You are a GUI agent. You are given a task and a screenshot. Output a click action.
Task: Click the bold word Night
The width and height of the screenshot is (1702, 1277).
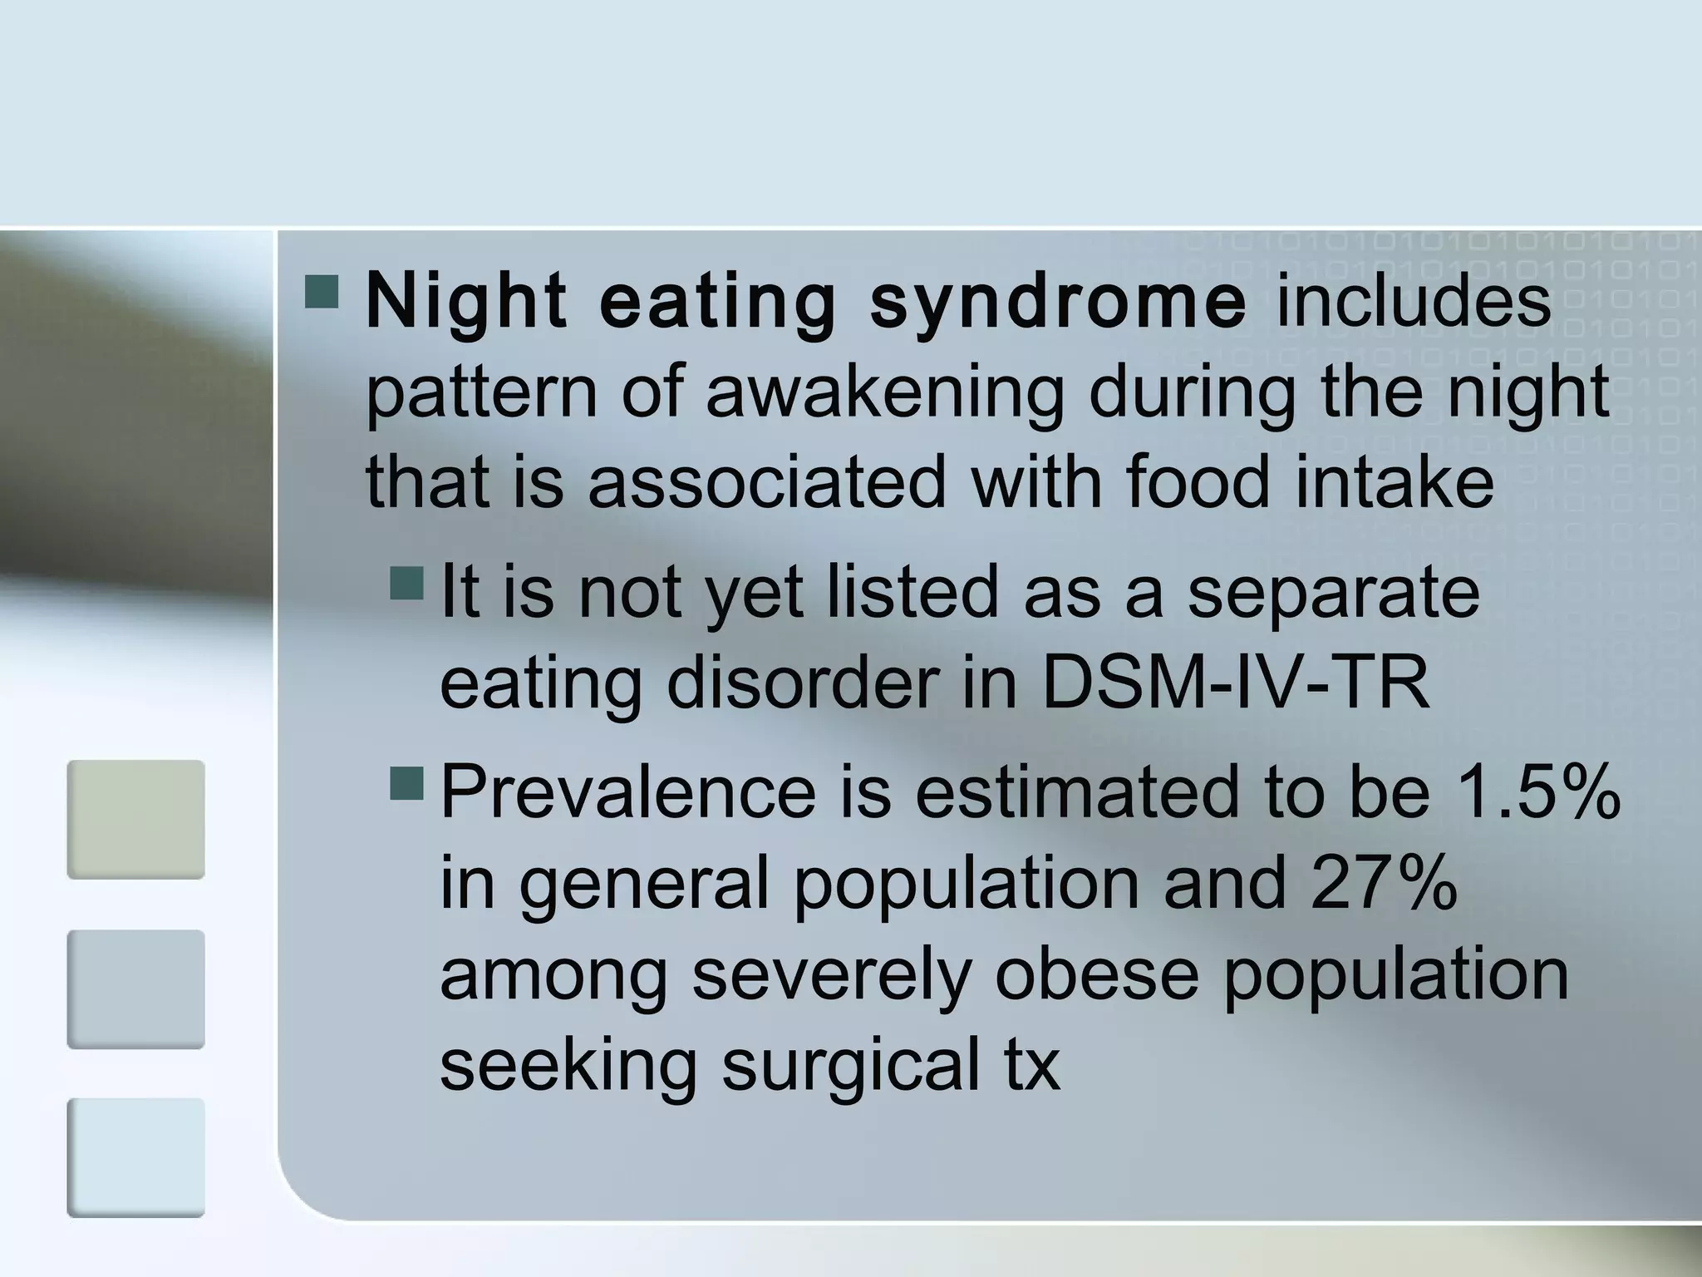coord(465,301)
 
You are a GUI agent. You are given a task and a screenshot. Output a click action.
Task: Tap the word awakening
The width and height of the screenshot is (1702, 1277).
coord(884,392)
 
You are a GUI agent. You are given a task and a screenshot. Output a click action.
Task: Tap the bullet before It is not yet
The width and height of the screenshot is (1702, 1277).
coord(406,584)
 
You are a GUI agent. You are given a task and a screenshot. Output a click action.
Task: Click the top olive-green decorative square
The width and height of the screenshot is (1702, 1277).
coord(135,819)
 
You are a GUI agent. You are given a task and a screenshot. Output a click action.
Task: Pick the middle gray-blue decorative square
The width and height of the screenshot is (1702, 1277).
coord(135,989)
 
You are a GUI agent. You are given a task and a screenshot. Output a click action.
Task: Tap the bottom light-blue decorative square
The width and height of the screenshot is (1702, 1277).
coord(135,1157)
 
